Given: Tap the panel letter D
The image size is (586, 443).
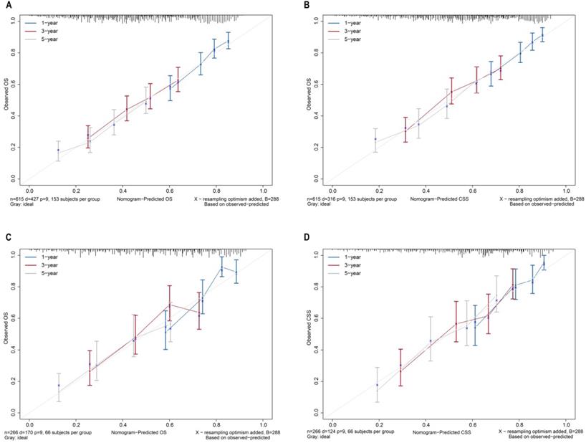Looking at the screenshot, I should [307, 237].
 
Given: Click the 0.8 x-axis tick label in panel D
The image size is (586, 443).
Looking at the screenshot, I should [519, 423].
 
